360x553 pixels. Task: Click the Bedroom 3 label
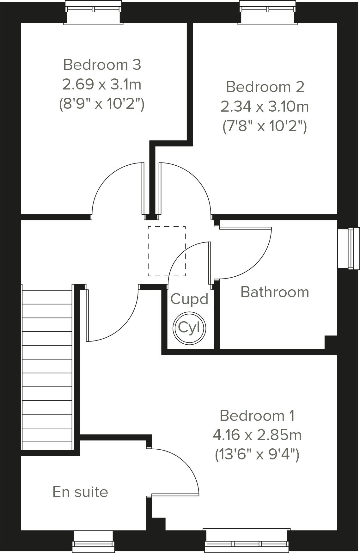pyautogui.click(x=102, y=65)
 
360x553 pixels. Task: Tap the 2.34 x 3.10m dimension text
pyautogui.click(x=264, y=107)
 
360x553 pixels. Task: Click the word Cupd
pyautogui.click(x=189, y=299)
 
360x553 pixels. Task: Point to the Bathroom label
pyautogui.click(x=275, y=292)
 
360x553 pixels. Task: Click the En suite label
pyautogui.click(x=80, y=492)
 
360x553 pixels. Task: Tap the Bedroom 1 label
pyautogui.click(x=257, y=415)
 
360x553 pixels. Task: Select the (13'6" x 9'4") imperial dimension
pyautogui.click(x=257, y=455)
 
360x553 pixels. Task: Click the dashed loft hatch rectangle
pyautogui.click(x=167, y=251)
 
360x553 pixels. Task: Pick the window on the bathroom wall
pyautogui.click(x=348, y=248)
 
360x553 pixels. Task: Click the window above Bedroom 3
pyautogui.click(x=94, y=12)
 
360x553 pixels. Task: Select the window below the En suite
pyautogui.click(x=93, y=541)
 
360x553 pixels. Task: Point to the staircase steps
pyautogui.click(x=47, y=367)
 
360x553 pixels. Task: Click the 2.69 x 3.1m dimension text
pyautogui.click(x=102, y=84)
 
